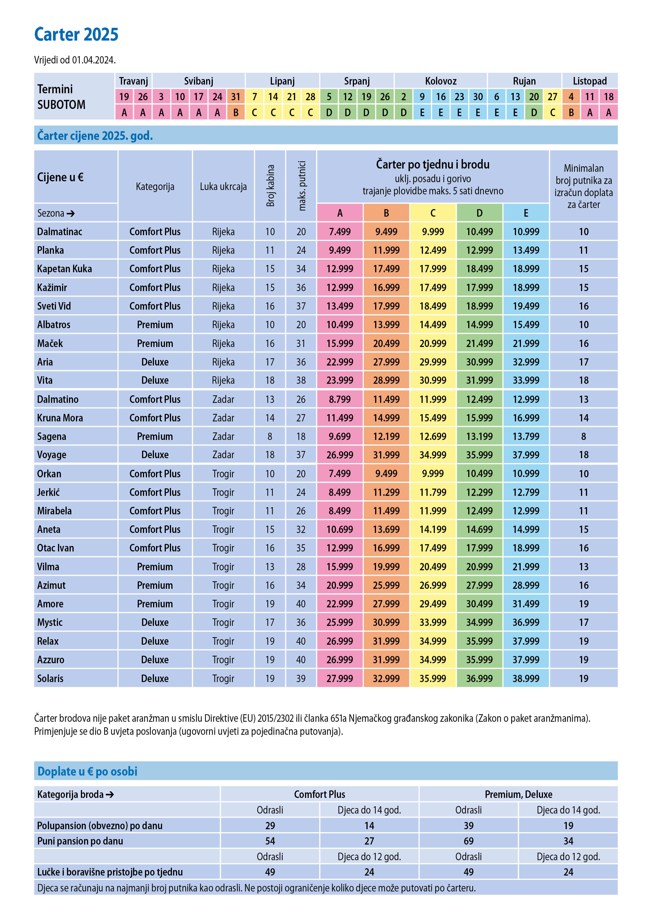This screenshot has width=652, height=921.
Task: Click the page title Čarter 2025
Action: pos(76,34)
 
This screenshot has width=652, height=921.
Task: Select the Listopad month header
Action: pos(589,81)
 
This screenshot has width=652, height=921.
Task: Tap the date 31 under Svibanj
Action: pos(236,97)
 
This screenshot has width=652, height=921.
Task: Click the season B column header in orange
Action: pos(386,213)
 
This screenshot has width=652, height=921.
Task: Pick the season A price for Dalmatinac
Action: pos(340,232)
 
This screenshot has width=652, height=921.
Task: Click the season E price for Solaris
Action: pos(526,678)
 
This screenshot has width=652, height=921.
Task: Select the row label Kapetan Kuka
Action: pos(64,269)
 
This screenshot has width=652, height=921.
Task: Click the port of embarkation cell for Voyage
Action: pos(223,455)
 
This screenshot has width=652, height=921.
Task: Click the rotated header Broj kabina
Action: pos(270,186)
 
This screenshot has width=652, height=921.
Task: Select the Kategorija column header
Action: pos(155,187)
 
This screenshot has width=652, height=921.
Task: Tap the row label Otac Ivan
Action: pos(55,548)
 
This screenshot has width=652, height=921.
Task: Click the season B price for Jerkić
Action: pos(386,492)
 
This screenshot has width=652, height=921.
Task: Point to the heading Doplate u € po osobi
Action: pos(87,771)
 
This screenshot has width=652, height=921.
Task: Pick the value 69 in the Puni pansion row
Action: pos(468,841)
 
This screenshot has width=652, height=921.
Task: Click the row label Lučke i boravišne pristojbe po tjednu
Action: pos(110,872)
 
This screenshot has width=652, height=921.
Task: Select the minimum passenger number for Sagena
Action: pos(583,436)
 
